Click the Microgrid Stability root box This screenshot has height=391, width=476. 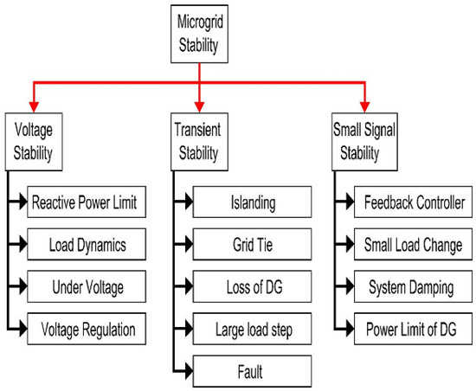(200, 34)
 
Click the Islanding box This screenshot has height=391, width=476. (247, 204)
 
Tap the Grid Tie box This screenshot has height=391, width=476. (247, 245)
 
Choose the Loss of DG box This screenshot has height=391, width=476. (247, 286)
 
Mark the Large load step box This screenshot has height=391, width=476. (247, 328)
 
